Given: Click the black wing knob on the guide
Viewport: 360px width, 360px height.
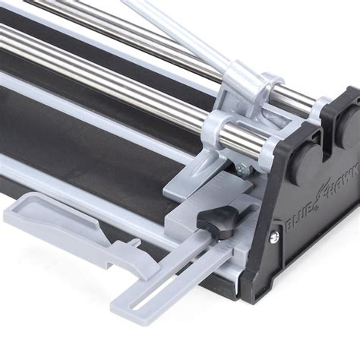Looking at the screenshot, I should click(217, 219).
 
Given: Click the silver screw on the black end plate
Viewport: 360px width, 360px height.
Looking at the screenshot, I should click(275, 238).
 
